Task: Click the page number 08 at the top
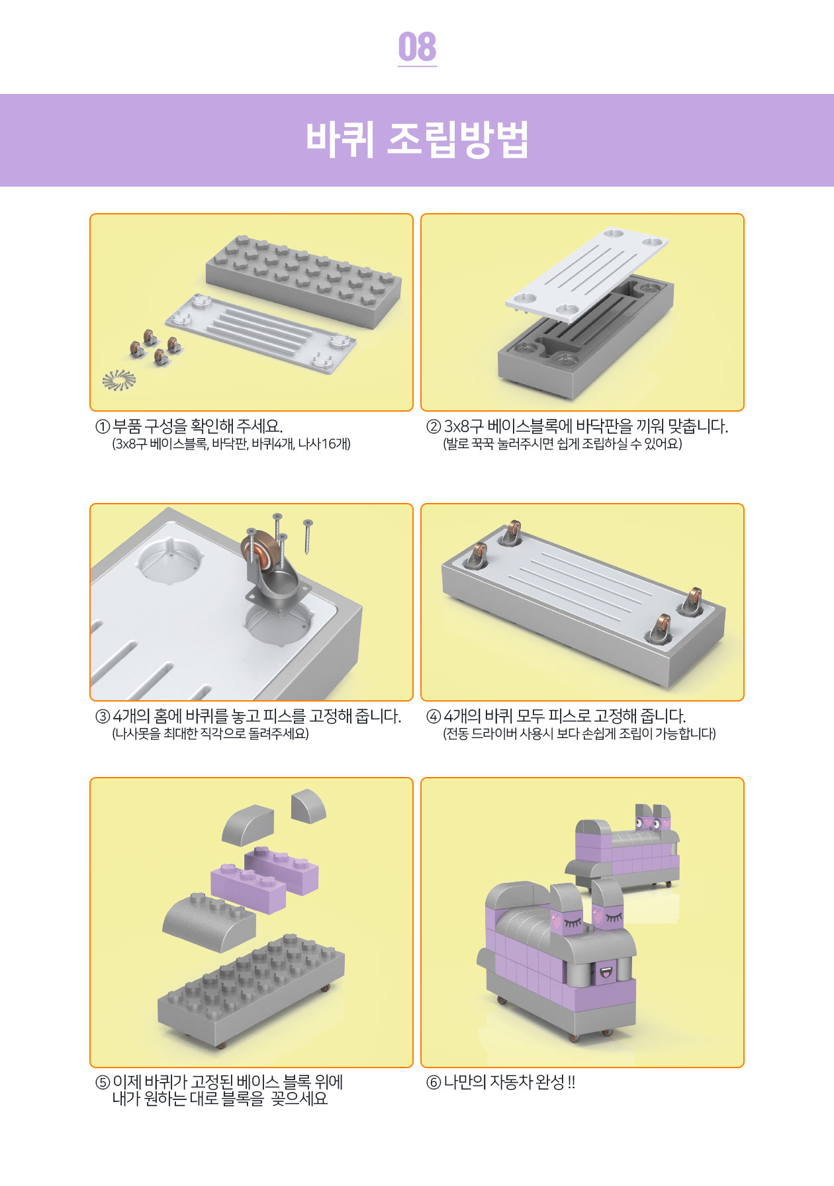tap(417, 47)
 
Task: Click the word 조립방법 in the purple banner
tap(457, 139)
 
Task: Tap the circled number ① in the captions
tap(103, 427)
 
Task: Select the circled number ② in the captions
tap(434, 427)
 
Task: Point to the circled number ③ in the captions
tap(103, 717)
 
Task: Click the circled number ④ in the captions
tap(434, 717)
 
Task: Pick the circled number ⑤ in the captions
tap(103, 1083)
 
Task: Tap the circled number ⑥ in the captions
tap(434, 1083)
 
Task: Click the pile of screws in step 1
tap(119, 380)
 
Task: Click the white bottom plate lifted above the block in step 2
tap(586, 272)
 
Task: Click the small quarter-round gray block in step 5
tap(308, 805)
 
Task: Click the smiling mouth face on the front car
tap(606, 972)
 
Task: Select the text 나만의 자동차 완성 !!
tap(509, 1083)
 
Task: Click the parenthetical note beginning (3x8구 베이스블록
tap(231, 444)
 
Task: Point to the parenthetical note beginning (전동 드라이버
tap(579, 734)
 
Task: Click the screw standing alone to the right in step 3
tap(308, 537)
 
